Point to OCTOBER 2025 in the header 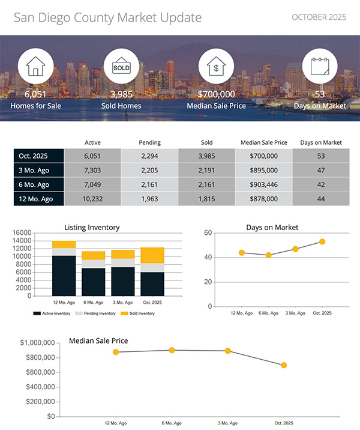click(x=319, y=17)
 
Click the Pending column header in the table click(x=149, y=142)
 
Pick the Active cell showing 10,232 click(x=92, y=199)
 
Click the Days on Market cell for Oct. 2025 click(x=320, y=156)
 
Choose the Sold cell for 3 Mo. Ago click(x=206, y=171)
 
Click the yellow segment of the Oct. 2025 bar click(x=152, y=255)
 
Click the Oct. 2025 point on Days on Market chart click(x=322, y=241)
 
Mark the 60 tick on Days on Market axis click(x=208, y=232)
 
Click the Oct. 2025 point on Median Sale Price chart click(x=284, y=365)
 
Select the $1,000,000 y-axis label click(x=38, y=343)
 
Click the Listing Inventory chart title click(x=92, y=227)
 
